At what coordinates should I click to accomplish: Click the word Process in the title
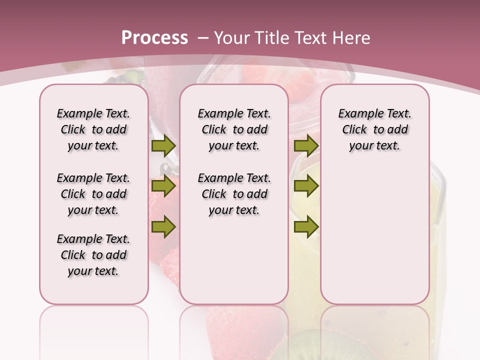[154, 38]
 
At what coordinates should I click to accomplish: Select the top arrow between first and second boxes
[163, 146]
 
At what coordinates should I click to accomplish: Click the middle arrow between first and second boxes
[163, 186]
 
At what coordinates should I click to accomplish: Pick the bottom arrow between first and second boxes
[163, 227]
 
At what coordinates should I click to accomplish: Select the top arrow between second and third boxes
[306, 146]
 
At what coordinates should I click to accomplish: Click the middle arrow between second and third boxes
[306, 186]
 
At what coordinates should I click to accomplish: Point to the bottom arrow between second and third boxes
[306, 227]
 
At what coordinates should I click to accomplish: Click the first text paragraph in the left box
[93, 129]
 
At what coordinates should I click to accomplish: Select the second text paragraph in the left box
[93, 194]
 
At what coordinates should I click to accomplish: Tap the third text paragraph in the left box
[93, 255]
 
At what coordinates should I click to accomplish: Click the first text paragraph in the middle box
[234, 129]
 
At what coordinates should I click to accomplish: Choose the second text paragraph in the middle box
[234, 194]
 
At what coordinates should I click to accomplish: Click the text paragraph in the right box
[374, 129]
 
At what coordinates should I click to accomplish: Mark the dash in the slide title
[203, 38]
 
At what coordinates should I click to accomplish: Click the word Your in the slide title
[231, 38]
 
